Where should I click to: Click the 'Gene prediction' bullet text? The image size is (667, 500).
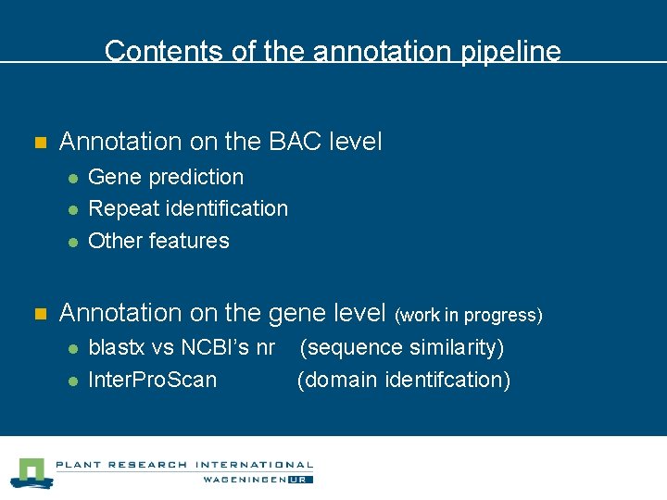coord(166,177)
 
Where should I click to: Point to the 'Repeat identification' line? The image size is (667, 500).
coord(188,208)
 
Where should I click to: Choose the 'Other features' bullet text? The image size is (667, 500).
coord(158,241)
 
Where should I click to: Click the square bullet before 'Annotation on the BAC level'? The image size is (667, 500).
coord(40,144)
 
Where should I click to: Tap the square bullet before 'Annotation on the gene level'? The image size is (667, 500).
coord(40,315)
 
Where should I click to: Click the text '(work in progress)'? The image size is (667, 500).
coord(469,316)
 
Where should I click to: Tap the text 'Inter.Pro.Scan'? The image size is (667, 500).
coord(153,380)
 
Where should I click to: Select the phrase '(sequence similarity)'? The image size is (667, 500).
coord(403,348)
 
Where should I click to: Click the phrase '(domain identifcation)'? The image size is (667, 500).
coord(404,380)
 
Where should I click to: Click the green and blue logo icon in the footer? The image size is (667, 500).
coord(30,472)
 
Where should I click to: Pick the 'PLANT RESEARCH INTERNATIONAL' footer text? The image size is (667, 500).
coord(184,465)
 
